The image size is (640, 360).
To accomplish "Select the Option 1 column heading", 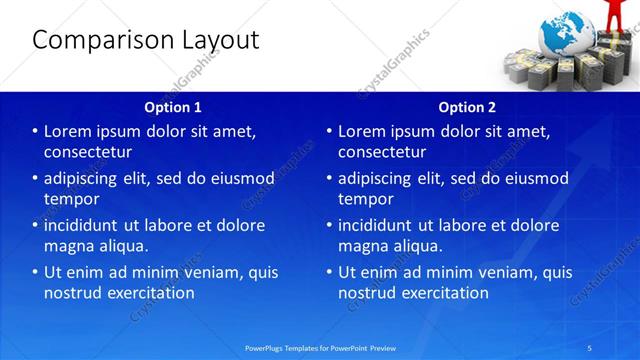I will tap(173, 106).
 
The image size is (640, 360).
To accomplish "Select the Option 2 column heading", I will tap(467, 106).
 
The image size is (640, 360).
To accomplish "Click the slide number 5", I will tap(590, 347).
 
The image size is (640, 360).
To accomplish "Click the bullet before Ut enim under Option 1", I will tap(35, 272).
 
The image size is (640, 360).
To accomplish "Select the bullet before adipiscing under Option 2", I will tap(329, 178).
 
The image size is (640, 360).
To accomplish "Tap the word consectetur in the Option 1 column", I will tap(88, 152).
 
